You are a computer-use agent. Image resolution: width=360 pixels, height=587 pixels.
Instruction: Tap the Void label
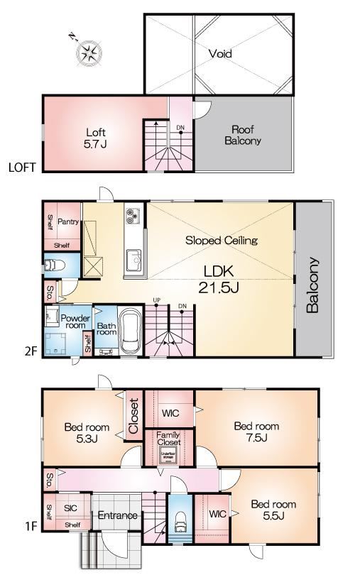click(x=220, y=53)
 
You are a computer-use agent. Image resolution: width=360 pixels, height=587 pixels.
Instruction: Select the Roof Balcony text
click(x=243, y=135)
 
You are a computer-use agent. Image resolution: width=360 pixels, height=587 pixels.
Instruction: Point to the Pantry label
click(x=68, y=222)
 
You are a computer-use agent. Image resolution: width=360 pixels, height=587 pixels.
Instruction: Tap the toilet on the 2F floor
click(x=50, y=266)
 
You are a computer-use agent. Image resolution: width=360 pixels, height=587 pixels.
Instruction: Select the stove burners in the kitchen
click(x=132, y=214)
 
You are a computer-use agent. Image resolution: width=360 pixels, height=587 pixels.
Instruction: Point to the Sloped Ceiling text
click(x=221, y=241)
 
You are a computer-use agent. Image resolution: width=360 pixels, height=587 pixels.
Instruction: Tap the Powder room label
click(x=75, y=323)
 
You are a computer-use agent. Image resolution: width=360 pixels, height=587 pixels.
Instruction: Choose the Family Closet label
click(x=168, y=438)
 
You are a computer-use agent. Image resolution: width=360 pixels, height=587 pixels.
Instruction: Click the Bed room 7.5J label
click(x=256, y=432)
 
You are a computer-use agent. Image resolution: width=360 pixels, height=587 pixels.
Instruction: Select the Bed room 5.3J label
click(x=87, y=433)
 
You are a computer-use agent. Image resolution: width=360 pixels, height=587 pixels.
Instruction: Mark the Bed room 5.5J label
click(x=273, y=510)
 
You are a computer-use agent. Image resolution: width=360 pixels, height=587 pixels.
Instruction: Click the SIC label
click(x=70, y=508)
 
